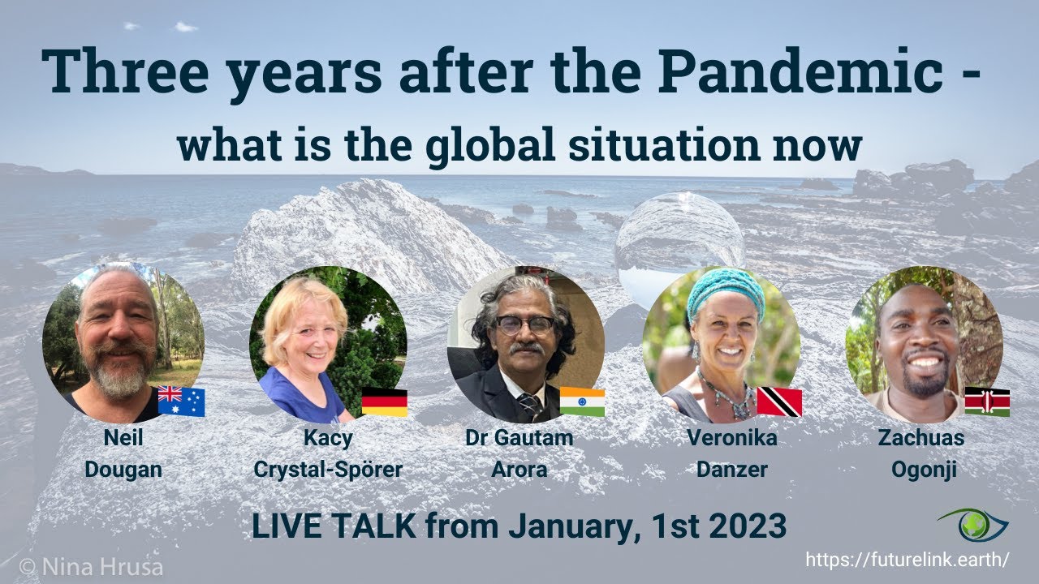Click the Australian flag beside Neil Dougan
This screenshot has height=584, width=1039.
click(181, 401)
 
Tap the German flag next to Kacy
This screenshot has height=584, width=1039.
click(384, 401)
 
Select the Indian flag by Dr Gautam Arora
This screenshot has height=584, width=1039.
click(582, 401)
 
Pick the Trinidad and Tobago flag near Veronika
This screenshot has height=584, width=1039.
click(779, 401)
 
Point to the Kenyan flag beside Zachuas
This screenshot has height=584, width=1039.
click(986, 401)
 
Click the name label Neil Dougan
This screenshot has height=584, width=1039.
click(123, 453)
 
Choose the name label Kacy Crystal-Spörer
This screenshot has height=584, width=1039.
click(328, 453)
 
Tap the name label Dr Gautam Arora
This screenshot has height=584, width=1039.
click(519, 453)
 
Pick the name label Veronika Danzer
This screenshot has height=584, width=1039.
click(731, 453)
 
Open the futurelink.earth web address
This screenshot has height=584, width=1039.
click(907, 560)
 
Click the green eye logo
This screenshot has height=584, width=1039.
click(983, 526)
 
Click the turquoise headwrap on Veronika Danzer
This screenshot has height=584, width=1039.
click(725, 293)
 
